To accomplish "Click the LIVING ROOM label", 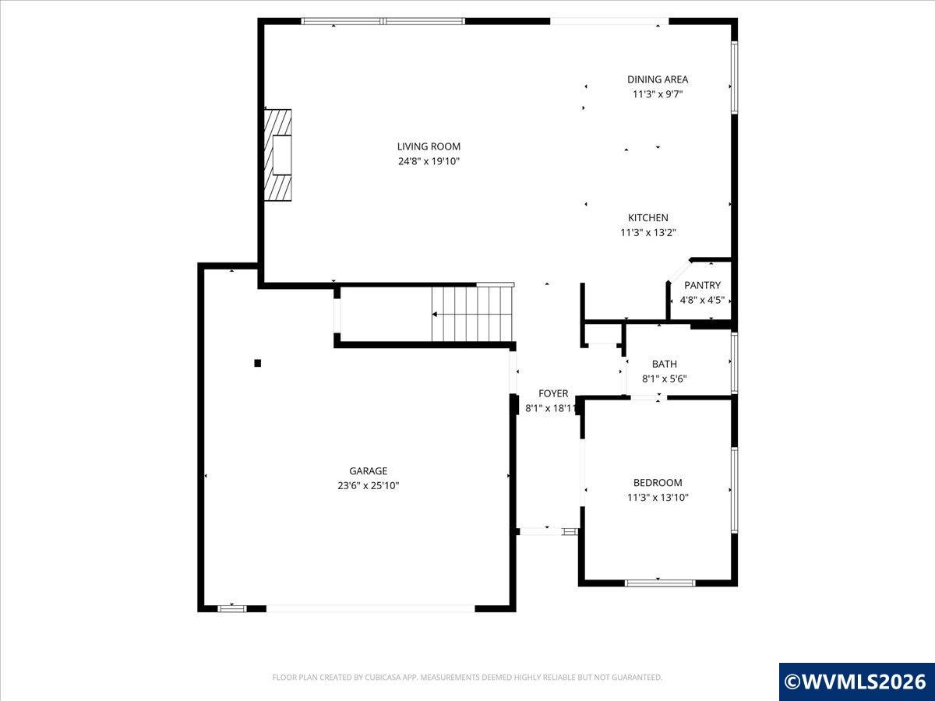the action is [x=429, y=146].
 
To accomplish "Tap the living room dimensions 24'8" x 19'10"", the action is [x=429, y=161].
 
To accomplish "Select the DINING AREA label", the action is [x=658, y=79].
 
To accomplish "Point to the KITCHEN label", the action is [x=648, y=217].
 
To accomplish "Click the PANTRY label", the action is [x=703, y=285].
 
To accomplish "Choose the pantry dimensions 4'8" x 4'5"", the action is [x=702, y=300].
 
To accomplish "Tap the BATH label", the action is [x=665, y=364].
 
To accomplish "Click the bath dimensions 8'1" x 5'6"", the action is [x=665, y=379].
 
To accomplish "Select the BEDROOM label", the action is [x=658, y=483].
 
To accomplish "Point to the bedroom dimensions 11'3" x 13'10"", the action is [x=658, y=497].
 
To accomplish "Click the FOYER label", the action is [x=553, y=393].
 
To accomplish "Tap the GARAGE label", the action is [x=369, y=470].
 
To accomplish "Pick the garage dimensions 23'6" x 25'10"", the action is [x=369, y=485].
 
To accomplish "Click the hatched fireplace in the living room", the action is [x=277, y=155].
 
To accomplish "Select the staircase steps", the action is [x=472, y=314].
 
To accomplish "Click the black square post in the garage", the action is [x=258, y=363].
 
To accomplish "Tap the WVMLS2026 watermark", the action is [x=856, y=682].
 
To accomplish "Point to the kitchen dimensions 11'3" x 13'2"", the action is [x=648, y=232].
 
